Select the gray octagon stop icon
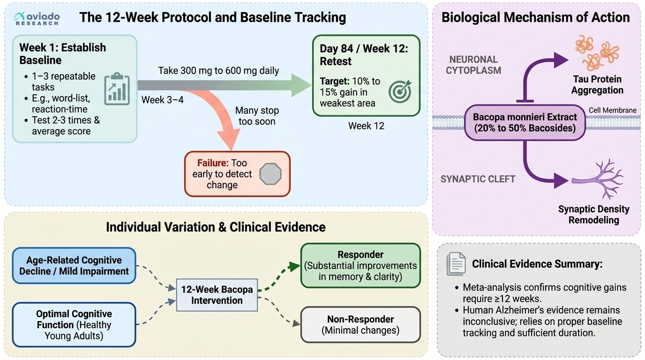[x=270, y=174]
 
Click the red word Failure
[x=213, y=163]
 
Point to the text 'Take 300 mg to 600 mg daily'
[x=218, y=71]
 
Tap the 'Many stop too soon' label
[x=257, y=116]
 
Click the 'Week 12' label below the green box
[x=366, y=126]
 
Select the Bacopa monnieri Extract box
[x=525, y=122]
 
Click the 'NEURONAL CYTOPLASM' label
[x=473, y=65]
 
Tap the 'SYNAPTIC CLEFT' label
[x=478, y=179]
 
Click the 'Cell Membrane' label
[x=613, y=111]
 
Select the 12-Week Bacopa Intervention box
[x=217, y=295]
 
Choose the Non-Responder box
[x=360, y=324]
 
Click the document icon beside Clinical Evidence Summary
[x=456, y=263]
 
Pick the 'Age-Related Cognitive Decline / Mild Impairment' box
[x=74, y=265]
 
